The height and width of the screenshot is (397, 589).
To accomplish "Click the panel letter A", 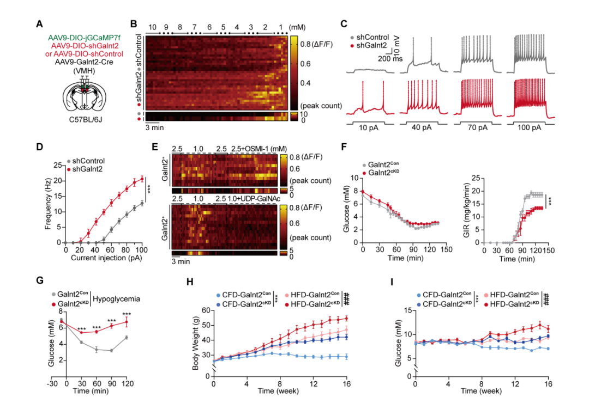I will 39,24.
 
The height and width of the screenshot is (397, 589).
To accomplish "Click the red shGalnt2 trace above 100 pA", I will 531,98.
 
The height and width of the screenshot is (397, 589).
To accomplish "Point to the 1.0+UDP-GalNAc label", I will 251,199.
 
